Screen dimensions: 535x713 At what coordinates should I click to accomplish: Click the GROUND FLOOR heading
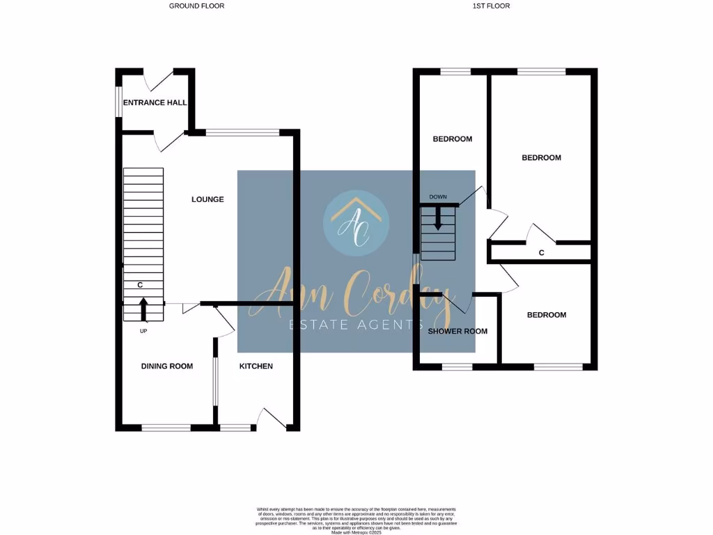(196, 6)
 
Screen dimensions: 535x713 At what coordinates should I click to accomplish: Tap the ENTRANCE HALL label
(155, 102)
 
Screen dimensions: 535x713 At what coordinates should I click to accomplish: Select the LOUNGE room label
(207, 199)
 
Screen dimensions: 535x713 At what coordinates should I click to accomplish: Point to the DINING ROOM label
(166, 366)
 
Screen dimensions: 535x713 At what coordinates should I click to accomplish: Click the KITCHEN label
(256, 366)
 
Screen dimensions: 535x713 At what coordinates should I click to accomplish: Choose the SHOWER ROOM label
(457, 331)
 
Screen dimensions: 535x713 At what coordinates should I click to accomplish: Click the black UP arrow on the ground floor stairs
(143, 309)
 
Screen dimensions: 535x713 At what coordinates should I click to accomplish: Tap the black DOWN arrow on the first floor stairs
(438, 220)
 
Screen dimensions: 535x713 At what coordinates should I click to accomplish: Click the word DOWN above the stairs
(438, 197)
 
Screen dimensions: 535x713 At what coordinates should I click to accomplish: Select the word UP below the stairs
(143, 331)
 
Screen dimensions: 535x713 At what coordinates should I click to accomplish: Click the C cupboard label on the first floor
(542, 253)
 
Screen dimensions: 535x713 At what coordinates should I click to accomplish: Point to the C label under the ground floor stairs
(140, 285)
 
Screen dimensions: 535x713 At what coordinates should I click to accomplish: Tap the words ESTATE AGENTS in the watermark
(356, 325)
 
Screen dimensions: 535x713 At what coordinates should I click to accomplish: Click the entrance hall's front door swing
(157, 81)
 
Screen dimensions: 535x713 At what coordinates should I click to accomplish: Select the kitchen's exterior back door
(269, 419)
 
